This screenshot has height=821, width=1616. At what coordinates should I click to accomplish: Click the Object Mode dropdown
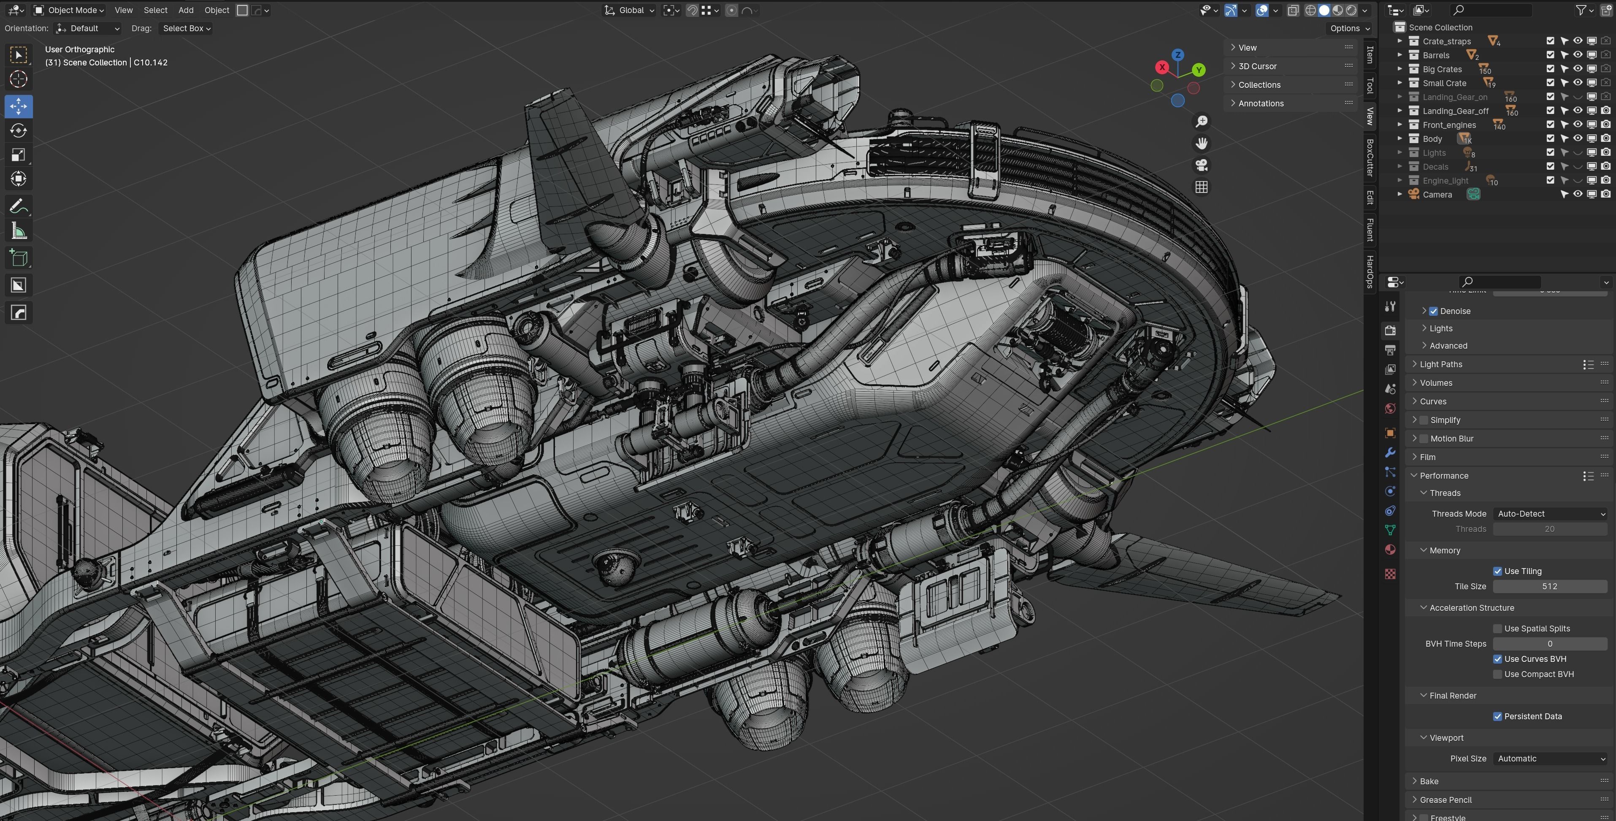point(69,10)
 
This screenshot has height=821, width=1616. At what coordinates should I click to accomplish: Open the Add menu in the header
point(186,10)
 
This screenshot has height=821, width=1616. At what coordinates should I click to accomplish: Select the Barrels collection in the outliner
point(1436,55)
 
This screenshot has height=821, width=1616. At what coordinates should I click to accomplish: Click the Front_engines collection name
point(1449,125)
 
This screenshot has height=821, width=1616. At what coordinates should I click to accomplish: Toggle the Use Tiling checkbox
point(1497,571)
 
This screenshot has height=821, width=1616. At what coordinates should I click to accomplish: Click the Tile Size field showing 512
point(1549,586)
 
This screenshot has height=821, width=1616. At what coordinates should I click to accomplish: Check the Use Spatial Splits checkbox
point(1497,629)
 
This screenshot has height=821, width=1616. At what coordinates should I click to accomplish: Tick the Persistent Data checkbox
point(1497,716)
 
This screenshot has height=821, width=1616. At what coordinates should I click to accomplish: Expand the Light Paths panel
point(1441,364)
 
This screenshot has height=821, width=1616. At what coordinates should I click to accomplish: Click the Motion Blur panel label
point(1452,439)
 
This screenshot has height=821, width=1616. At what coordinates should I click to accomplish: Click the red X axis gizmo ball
point(1162,67)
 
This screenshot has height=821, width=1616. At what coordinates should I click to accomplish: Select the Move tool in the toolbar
point(18,106)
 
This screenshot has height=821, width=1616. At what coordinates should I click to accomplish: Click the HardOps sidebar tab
point(1370,271)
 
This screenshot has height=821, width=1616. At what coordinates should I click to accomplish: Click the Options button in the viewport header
point(1349,28)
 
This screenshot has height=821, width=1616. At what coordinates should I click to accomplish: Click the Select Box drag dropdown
point(186,28)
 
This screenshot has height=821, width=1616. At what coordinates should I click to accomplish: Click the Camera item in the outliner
point(1437,195)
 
